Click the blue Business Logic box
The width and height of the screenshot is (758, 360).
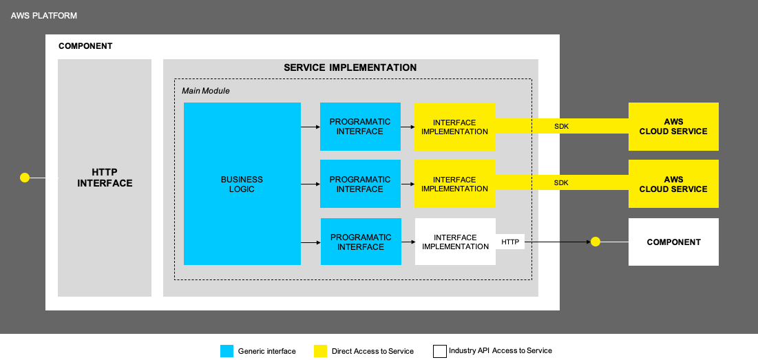click(242, 184)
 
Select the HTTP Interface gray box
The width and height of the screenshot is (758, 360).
click(105, 178)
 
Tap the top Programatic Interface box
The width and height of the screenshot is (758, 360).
click(360, 127)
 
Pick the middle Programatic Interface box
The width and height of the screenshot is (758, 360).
click(360, 184)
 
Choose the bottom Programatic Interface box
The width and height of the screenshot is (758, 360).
click(361, 242)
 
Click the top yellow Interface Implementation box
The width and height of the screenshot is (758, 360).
click(454, 127)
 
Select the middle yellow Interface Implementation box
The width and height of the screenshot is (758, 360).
click(454, 184)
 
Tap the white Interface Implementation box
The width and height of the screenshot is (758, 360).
click(455, 242)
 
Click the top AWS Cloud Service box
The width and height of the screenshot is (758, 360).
click(673, 127)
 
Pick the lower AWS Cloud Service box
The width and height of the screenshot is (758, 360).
click(673, 184)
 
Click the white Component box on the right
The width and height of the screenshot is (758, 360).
click(673, 242)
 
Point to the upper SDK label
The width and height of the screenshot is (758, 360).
click(562, 127)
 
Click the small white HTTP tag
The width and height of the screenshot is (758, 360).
click(510, 242)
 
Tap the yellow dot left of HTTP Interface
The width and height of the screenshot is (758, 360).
click(25, 178)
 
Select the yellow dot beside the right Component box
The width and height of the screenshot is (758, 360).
click(596, 242)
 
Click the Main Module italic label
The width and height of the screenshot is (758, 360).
click(206, 91)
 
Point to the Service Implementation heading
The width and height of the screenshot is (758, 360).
click(350, 68)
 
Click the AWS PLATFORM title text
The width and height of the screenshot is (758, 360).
click(44, 15)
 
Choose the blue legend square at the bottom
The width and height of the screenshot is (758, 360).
click(227, 351)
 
